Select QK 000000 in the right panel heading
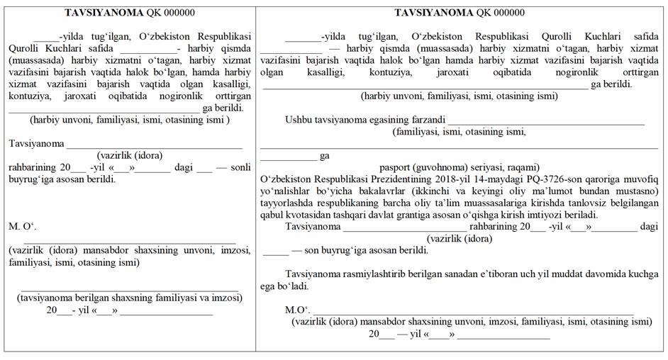501,12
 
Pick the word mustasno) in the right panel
635,191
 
